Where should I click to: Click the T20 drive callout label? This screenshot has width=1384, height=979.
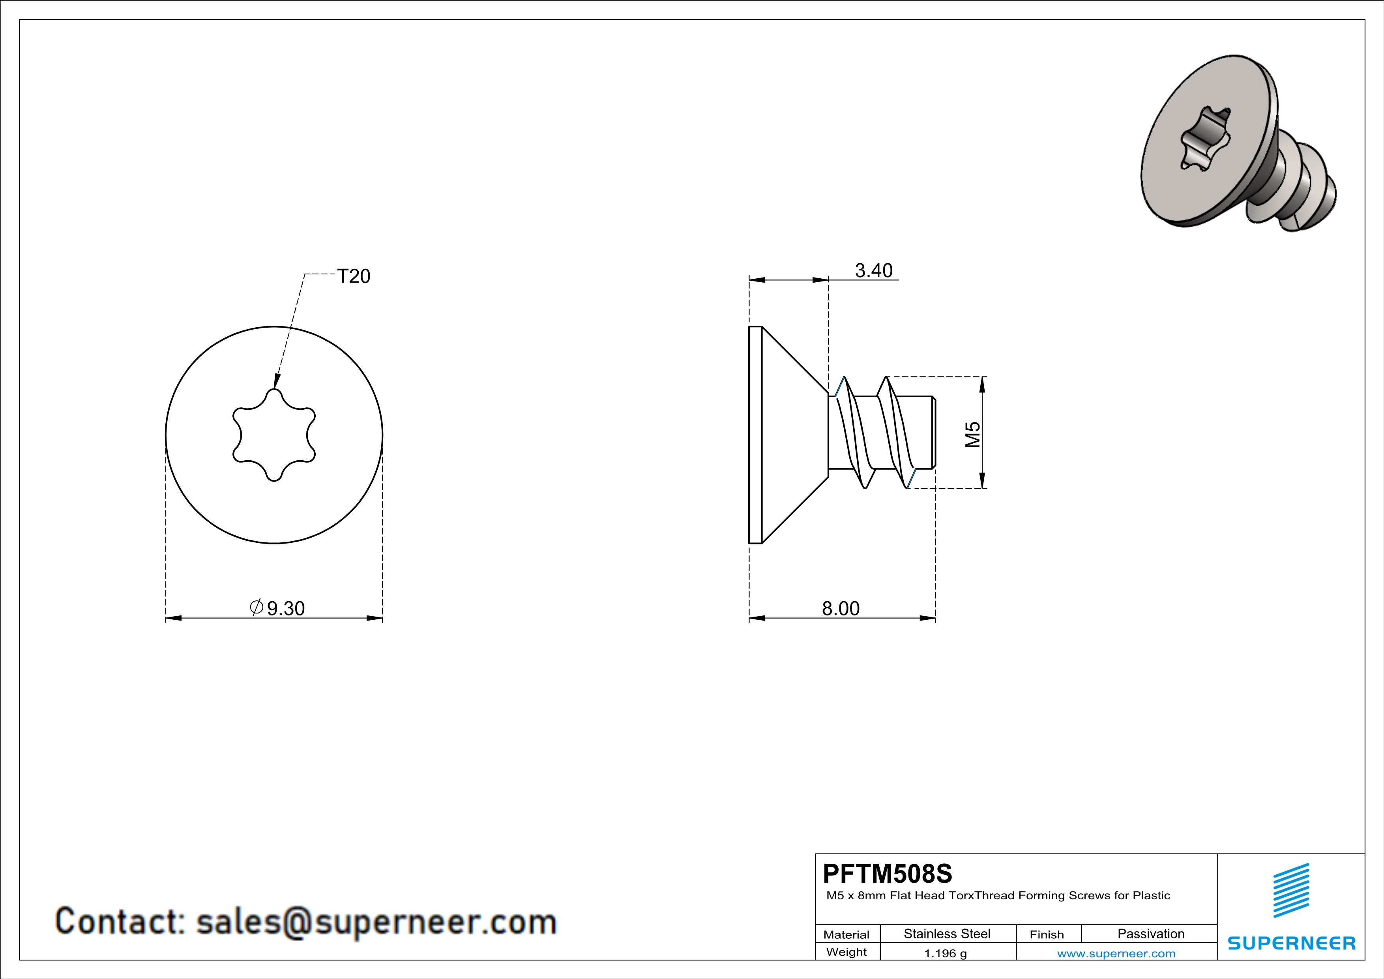[x=354, y=276]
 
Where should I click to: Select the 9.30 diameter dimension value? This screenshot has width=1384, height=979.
[x=286, y=608]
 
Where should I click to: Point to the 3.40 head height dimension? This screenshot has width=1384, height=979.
[x=873, y=271]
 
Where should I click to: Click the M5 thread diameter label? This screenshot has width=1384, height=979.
[x=972, y=435]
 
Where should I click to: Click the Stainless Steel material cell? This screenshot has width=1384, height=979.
[x=947, y=934]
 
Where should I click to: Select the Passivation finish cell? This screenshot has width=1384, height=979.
[x=1151, y=934]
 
